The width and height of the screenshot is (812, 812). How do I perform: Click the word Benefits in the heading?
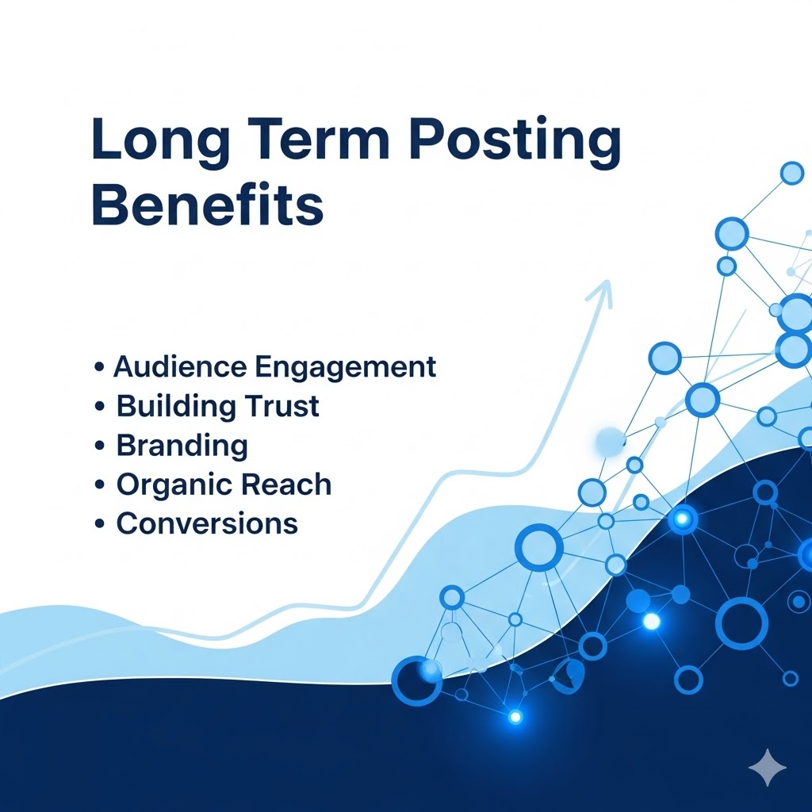[x=208, y=205]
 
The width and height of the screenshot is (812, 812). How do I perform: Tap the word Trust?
[x=281, y=407]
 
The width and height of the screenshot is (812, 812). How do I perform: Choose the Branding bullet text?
[x=182, y=446]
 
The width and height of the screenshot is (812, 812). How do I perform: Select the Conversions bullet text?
[x=207, y=523]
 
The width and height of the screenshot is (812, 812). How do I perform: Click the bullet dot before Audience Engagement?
[x=99, y=368]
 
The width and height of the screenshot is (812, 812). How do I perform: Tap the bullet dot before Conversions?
[x=99, y=524]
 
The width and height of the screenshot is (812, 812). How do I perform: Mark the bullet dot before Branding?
[x=99, y=446]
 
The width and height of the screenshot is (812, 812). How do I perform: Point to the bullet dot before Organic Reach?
[x=99, y=485]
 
